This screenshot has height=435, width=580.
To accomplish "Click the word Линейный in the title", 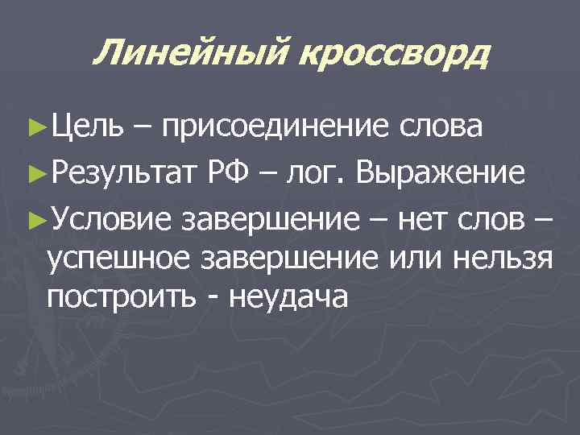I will coord(192,55).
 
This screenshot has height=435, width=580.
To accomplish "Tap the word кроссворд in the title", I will coord(395,55).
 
